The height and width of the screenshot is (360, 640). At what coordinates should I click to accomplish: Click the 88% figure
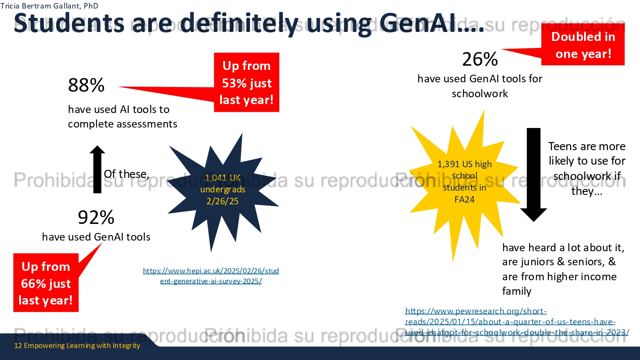tap(86, 85)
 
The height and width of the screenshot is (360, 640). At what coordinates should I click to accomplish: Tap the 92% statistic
tap(96, 217)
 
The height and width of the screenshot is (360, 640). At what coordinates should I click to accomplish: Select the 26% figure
tap(480, 59)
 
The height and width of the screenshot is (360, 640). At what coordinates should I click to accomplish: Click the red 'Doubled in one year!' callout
tap(583, 45)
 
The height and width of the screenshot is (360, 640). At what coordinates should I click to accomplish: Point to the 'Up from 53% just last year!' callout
tap(247, 82)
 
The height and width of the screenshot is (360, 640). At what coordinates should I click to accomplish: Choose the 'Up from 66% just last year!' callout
tap(46, 282)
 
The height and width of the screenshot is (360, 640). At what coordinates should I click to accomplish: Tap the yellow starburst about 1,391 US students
tap(464, 183)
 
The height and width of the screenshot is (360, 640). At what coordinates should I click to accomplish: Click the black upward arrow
tap(97, 169)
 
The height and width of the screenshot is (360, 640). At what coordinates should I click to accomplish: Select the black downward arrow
tap(533, 175)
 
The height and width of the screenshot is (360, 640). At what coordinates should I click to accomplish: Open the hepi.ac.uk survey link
tap(211, 276)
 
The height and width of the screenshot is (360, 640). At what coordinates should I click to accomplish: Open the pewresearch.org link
tap(517, 322)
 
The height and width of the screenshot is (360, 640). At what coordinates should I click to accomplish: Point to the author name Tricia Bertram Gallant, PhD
tap(49, 6)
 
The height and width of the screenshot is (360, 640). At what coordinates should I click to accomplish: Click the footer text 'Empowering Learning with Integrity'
tap(82, 345)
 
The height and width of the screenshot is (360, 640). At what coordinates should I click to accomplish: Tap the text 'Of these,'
tap(126, 174)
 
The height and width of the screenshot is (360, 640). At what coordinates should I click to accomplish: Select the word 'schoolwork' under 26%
tap(480, 93)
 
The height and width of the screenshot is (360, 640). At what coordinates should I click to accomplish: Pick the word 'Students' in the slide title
tap(69, 23)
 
